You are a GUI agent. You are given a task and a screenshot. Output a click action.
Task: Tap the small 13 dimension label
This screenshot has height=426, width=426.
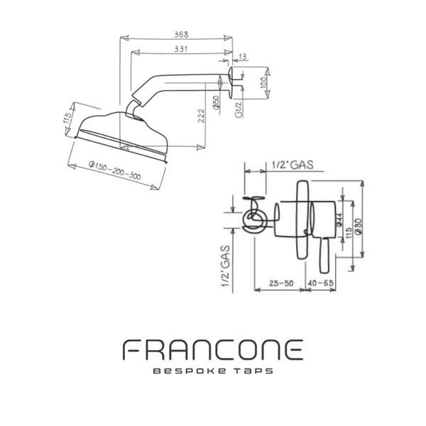point(244,56)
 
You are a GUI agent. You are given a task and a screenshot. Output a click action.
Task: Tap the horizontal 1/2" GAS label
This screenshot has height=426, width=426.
point(292,165)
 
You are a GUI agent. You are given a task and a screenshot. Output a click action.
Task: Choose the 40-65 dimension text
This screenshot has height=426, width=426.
point(321,283)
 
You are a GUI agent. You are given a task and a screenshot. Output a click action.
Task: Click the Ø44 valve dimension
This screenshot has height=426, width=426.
point(340,222)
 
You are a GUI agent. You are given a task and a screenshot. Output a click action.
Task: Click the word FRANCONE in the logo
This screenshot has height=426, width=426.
point(213,349)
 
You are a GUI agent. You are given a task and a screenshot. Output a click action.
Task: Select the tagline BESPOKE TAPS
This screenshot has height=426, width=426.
point(213,371)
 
